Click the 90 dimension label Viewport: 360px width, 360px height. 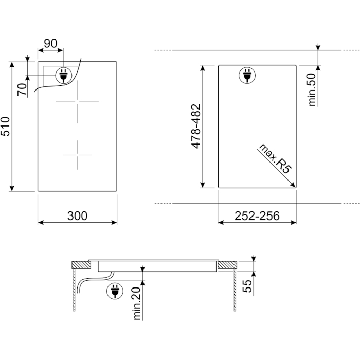(50, 43)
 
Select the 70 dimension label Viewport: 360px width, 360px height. (22, 89)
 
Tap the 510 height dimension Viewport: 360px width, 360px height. (5, 127)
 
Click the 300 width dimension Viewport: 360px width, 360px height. (77, 216)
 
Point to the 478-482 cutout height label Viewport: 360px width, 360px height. (196, 127)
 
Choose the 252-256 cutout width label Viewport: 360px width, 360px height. (257, 216)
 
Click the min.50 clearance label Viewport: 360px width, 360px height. (312, 89)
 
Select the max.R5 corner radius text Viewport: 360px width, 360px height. (275, 158)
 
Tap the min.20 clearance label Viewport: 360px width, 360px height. (137, 303)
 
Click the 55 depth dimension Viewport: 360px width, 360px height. (247, 286)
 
